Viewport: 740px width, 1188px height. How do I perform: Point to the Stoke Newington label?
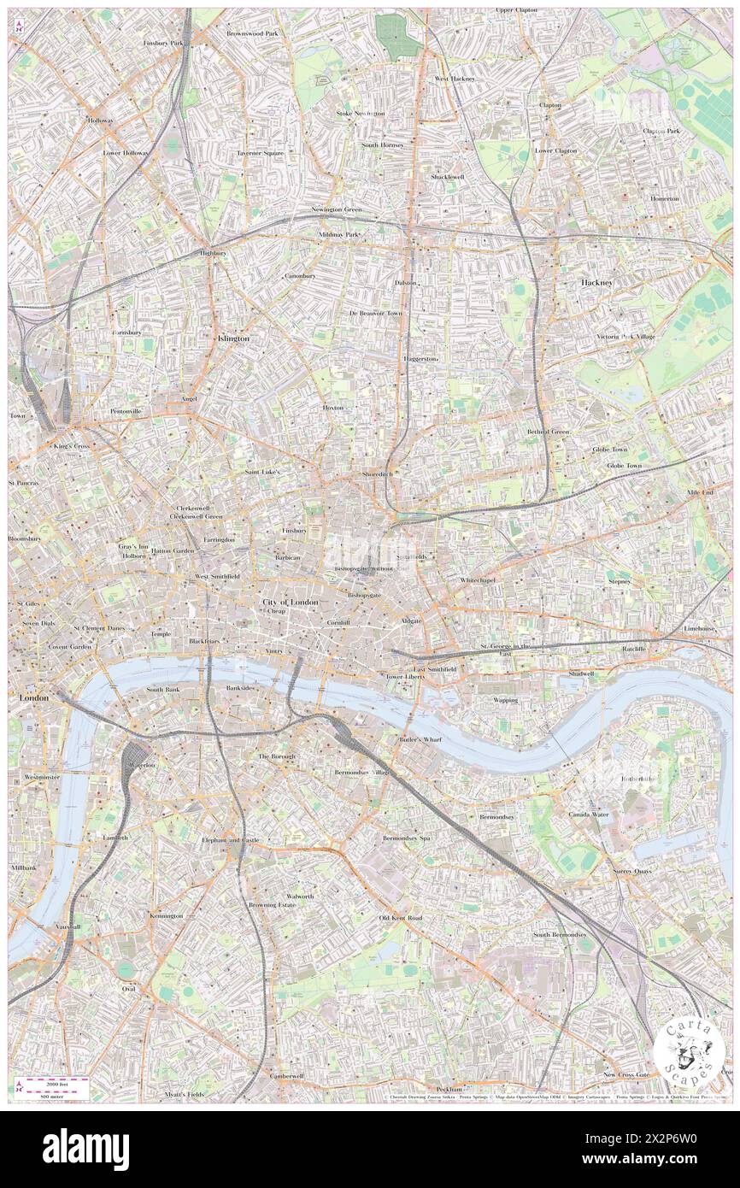tap(361, 113)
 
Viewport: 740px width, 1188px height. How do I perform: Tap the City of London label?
tap(290, 603)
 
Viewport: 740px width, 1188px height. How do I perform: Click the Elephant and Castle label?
tap(230, 840)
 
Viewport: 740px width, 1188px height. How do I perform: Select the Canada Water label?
tap(589, 815)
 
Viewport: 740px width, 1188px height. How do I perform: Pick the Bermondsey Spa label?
tap(406, 838)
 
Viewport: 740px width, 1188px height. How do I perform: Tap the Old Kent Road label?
tap(401, 918)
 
